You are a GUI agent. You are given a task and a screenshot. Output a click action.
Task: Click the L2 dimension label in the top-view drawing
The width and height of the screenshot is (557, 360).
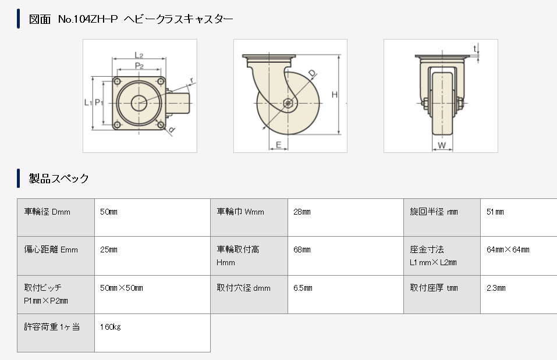(x=139, y=55)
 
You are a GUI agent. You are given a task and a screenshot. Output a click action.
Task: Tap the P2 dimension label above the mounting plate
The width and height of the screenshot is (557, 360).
(x=139, y=66)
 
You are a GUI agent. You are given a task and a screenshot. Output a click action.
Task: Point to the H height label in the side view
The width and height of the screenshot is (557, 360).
(x=334, y=94)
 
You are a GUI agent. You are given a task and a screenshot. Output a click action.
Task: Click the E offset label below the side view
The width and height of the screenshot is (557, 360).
(x=278, y=144)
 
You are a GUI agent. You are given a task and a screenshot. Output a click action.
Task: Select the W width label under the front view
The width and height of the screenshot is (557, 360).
(x=442, y=145)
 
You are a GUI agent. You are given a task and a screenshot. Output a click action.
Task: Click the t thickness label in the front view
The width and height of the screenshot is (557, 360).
(x=475, y=49)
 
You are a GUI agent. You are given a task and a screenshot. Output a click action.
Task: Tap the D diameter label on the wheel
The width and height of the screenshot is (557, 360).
(x=312, y=73)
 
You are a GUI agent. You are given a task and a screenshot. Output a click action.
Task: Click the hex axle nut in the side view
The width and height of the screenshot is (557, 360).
(x=288, y=104)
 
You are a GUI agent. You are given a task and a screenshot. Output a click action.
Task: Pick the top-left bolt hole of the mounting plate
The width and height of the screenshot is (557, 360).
(x=117, y=81)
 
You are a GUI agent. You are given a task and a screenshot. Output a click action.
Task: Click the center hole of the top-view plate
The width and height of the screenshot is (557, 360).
(x=139, y=104)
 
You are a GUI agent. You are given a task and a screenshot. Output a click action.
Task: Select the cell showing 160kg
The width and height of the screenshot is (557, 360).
(x=111, y=327)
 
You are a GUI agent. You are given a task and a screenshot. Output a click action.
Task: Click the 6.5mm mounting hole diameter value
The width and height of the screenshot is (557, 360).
(x=303, y=288)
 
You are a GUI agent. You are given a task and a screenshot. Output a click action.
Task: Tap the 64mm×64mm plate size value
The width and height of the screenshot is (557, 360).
(x=508, y=249)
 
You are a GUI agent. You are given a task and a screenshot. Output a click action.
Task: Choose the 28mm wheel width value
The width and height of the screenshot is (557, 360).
(x=302, y=212)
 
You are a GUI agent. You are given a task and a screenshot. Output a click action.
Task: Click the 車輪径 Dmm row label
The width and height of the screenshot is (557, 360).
(x=47, y=212)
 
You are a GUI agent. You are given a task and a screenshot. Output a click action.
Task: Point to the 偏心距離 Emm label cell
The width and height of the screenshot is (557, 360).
(x=51, y=249)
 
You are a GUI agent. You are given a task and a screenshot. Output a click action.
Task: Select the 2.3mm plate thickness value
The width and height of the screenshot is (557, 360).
(x=496, y=288)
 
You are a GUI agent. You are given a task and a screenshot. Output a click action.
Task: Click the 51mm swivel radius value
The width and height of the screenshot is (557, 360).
(x=495, y=212)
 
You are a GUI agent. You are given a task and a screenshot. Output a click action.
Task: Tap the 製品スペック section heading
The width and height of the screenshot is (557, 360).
(x=59, y=178)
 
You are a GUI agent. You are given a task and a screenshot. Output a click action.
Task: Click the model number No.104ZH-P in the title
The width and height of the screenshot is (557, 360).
(x=88, y=19)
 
